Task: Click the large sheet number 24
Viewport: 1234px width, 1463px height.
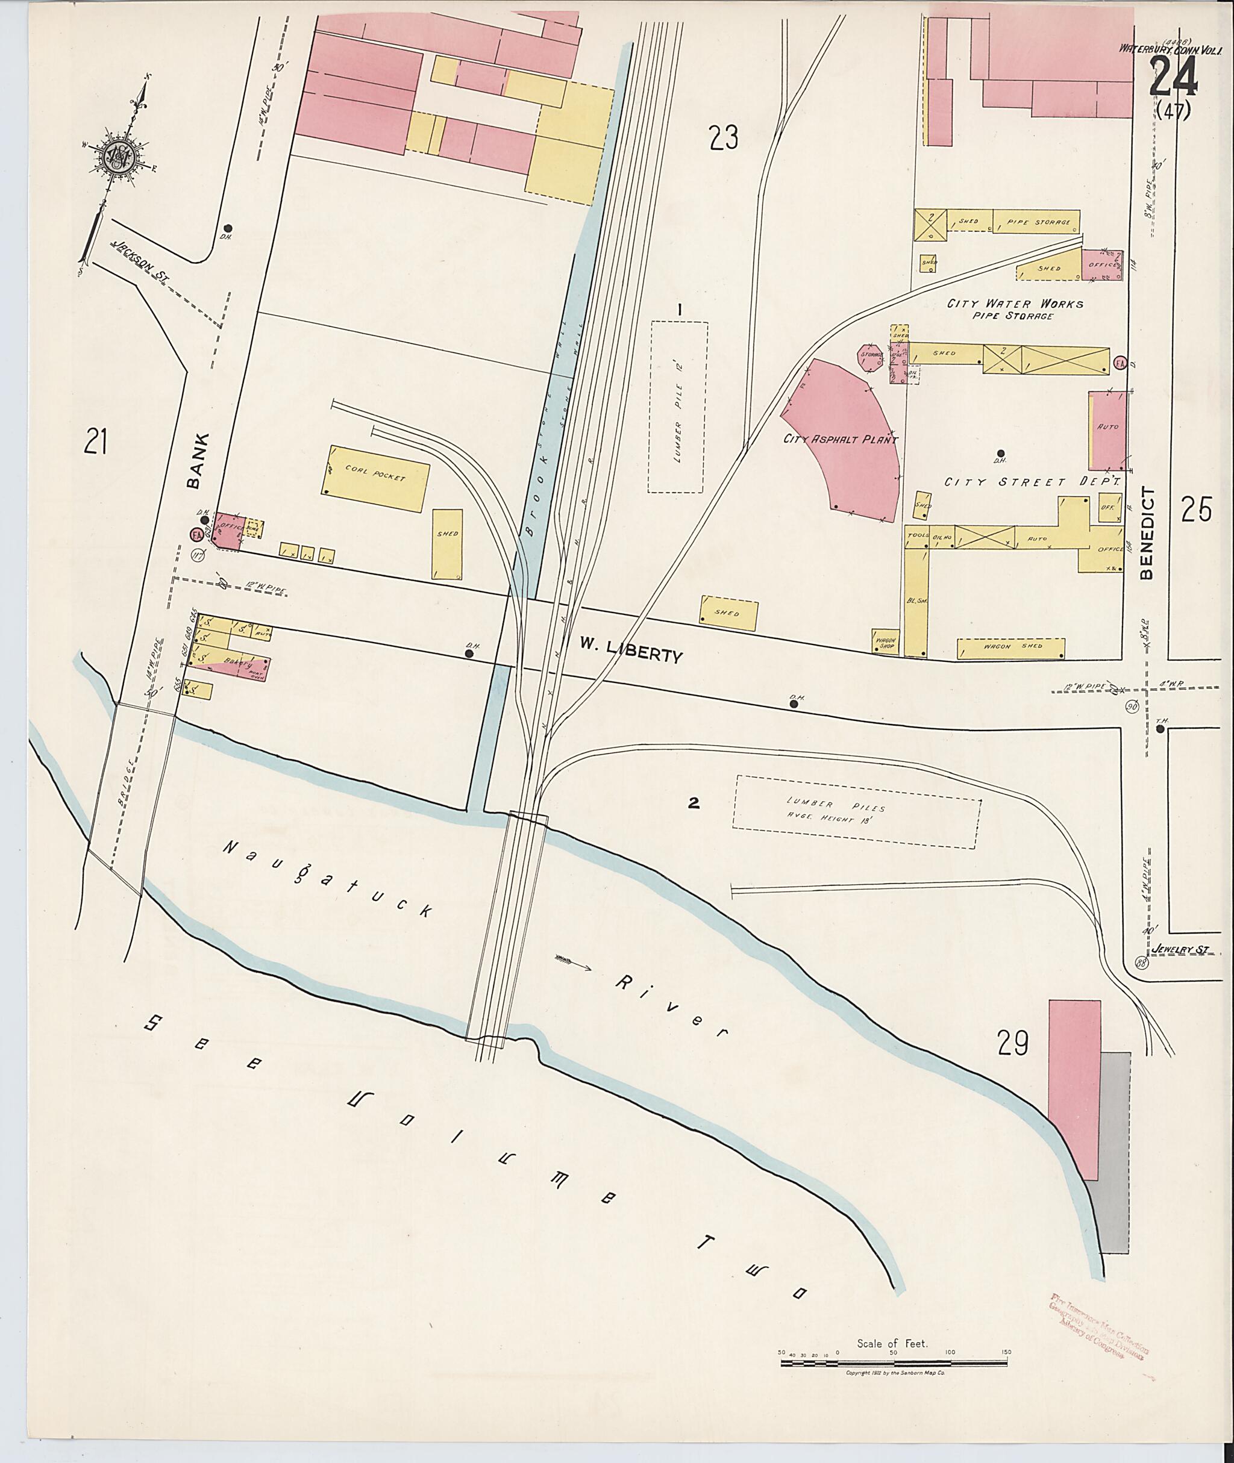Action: (x=1173, y=76)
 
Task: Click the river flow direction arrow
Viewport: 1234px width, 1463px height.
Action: (x=574, y=964)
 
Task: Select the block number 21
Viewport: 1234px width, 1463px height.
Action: (x=95, y=441)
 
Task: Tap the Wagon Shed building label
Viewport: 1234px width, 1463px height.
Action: (x=1010, y=646)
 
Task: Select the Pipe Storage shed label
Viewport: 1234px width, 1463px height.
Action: (x=1038, y=222)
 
